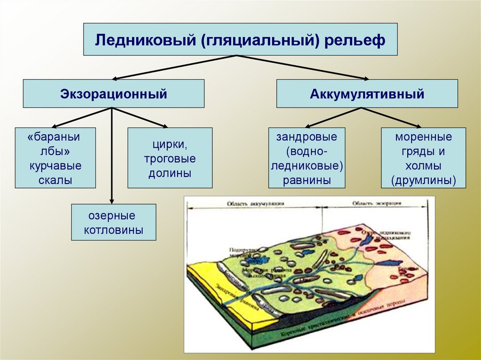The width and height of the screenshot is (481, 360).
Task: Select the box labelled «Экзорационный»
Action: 114,94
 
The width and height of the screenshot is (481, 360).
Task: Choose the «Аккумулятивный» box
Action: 367,94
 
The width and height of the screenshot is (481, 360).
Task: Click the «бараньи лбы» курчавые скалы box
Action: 55,158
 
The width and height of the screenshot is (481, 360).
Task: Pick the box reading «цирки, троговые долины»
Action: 170,158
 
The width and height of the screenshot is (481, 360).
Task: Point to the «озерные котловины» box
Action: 113,222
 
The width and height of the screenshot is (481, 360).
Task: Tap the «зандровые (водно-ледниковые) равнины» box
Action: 307,158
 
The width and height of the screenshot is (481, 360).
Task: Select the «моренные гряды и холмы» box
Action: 423,158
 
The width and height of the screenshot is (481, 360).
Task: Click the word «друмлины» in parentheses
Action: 423,181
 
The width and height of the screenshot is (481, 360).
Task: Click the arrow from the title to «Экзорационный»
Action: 174,67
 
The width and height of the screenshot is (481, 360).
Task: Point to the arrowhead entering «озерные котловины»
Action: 112,199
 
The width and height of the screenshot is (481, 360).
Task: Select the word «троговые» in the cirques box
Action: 170,159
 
